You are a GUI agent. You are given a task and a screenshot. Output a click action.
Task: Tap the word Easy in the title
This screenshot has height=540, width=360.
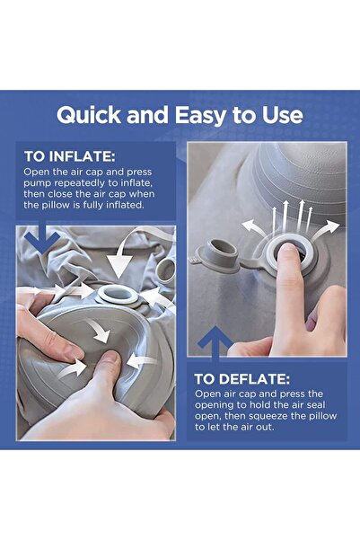199,116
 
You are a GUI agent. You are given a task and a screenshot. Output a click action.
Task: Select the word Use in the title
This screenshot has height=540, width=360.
282,116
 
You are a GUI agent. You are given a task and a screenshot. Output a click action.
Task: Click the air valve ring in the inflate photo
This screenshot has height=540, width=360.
118,294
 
